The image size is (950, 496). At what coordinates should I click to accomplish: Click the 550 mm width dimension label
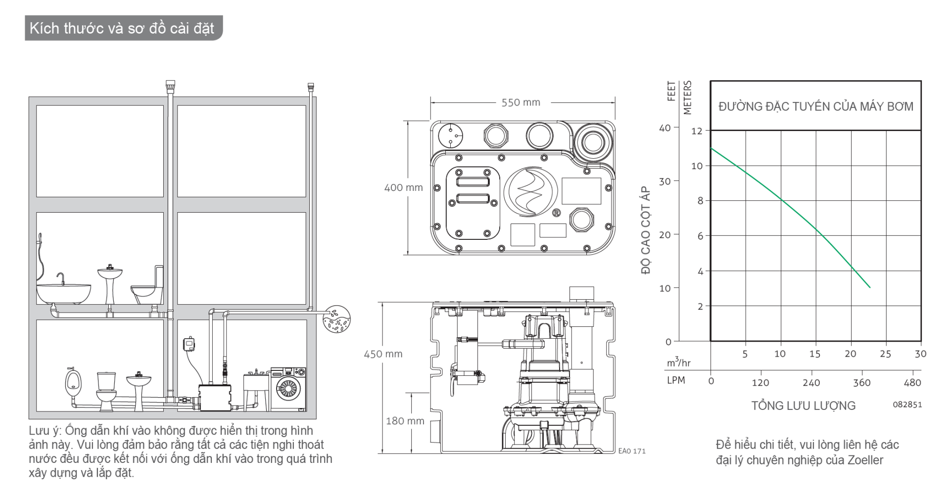(x=521, y=102)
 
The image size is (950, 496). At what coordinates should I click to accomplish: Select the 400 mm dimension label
(x=404, y=188)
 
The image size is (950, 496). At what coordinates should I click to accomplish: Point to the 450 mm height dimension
(x=383, y=354)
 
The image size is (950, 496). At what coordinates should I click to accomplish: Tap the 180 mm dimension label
(x=405, y=421)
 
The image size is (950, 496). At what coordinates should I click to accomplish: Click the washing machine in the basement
(x=287, y=390)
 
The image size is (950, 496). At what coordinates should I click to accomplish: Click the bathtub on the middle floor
(x=63, y=293)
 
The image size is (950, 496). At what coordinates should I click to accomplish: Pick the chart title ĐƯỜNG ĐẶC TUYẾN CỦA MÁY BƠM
(x=816, y=106)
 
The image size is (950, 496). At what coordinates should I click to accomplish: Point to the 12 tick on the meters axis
(x=697, y=131)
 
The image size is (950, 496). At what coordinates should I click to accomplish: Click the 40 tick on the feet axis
(x=665, y=128)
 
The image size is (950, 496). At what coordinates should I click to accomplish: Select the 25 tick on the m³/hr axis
(x=886, y=354)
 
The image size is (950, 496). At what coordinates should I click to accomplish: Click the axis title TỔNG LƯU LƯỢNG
(x=804, y=406)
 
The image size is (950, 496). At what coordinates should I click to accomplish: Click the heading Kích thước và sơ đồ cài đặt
(x=122, y=28)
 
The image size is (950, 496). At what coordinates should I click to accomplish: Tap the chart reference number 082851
(x=907, y=404)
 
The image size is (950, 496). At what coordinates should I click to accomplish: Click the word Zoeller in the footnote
(x=865, y=460)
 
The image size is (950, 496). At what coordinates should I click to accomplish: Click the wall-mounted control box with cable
(x=188, y=344)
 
